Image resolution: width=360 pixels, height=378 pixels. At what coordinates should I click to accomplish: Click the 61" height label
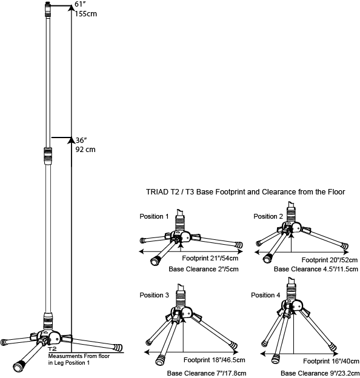point(79,5)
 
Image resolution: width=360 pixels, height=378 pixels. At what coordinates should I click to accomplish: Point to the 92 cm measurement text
point(84,148)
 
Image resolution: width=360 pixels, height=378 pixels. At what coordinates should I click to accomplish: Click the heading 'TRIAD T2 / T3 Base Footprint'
point(245,192)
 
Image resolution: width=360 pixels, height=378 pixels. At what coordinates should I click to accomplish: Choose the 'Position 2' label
point(268,217)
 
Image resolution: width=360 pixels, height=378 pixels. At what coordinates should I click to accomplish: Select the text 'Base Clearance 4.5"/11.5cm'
point(316,269)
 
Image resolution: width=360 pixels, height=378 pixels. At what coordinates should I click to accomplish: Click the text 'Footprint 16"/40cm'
point(328,360)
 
